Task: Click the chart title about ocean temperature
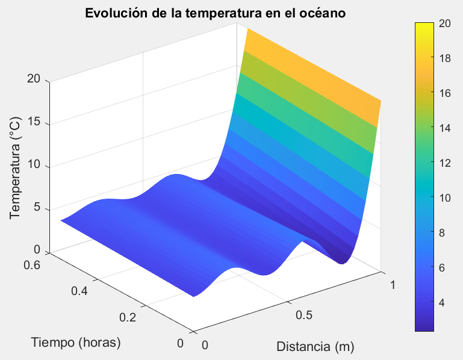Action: [x=215, y=13]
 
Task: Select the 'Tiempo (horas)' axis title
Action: [x=76, y=343]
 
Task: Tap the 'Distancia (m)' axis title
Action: [x=315, y=346]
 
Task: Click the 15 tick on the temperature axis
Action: [x=34, y=124]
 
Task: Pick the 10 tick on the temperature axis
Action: [x=34, y=167]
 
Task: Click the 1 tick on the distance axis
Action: [x=392, y=286]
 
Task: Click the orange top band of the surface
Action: [x=313, y=66]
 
